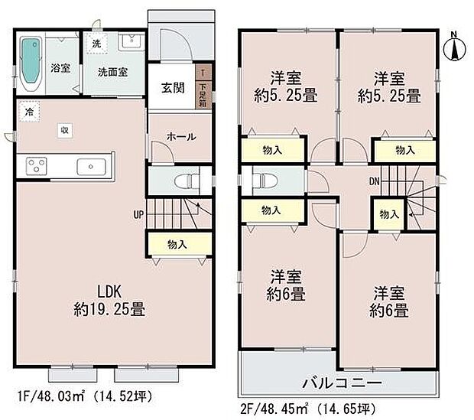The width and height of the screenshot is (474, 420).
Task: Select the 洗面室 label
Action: [x=112, y=72]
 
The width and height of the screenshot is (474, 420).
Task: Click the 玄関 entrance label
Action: [x=172, y=86]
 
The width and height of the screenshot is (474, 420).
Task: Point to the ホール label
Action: [x=182, y=136]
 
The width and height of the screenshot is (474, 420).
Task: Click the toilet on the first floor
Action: [x=183, y=181]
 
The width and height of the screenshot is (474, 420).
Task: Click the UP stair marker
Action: [x=138, y=213]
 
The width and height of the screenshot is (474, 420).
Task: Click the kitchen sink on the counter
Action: [x=89, y=165]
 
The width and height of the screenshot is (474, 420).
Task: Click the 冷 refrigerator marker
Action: [x=28, y=112]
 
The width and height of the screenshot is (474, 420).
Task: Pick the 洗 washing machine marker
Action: [x=96, y=44]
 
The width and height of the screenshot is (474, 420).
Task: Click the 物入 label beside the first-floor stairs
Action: [x=177, y=244]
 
